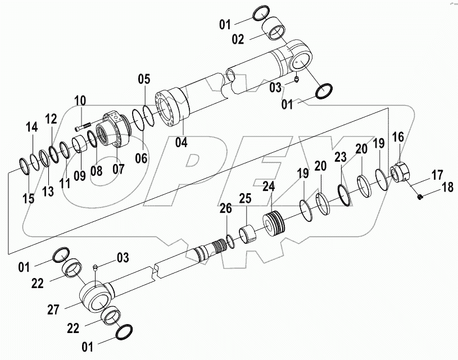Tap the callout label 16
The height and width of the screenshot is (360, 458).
397,136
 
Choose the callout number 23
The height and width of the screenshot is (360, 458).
339,157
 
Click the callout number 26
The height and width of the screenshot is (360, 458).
225,209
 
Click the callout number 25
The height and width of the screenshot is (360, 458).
244,199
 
